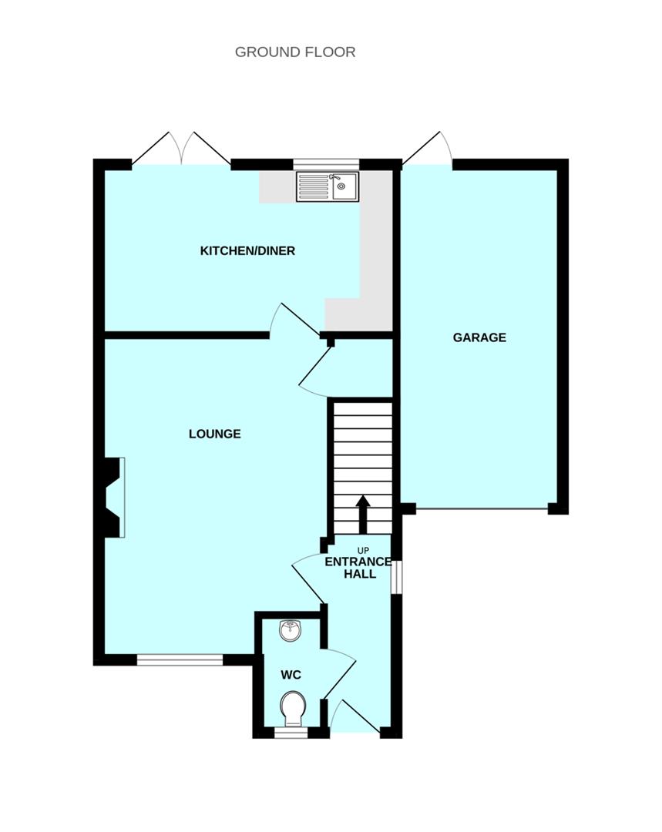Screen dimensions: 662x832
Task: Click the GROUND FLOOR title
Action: [295, 52]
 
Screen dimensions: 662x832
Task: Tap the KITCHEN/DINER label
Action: [247, 250]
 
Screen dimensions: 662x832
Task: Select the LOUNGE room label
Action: [215, 434]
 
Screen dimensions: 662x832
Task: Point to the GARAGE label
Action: [479, 337]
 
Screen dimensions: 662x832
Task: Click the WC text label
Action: [291, 675]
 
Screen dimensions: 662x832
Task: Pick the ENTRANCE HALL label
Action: [358, 568]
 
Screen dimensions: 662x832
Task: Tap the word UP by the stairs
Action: [363, 551]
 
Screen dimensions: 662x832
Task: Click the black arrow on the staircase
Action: [363, 514]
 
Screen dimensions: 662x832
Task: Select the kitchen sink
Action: [328, 186]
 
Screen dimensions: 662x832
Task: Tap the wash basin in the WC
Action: [291, 630]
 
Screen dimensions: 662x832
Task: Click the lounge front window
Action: [180, 659]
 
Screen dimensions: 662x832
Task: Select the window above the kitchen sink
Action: [327, 165]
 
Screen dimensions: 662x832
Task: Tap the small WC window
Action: [291, 733]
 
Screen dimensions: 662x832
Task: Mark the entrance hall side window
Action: [396, 577]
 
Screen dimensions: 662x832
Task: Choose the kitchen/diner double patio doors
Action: [182, 149]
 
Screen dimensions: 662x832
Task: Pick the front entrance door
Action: [355, 716]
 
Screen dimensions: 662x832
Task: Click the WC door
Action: [338, 673]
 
